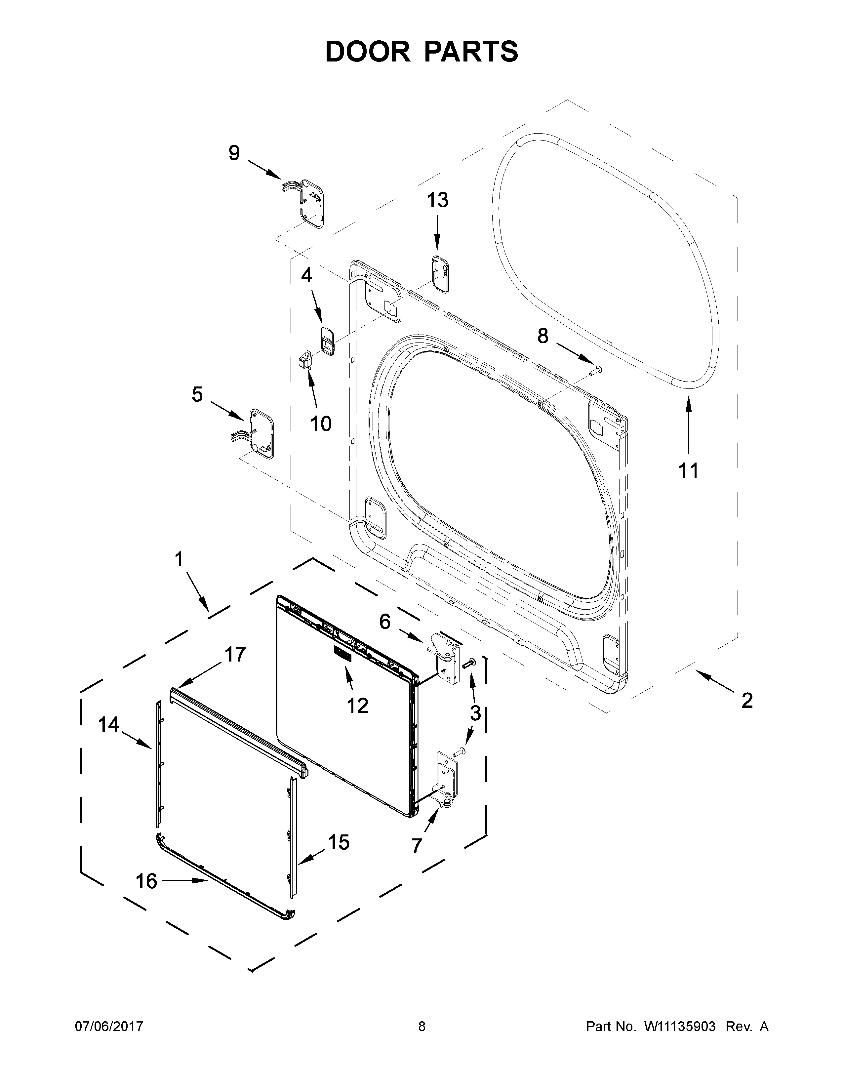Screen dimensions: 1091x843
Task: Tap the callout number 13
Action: (x=437, y=200)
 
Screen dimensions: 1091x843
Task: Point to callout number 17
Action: (x=235, y=654)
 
